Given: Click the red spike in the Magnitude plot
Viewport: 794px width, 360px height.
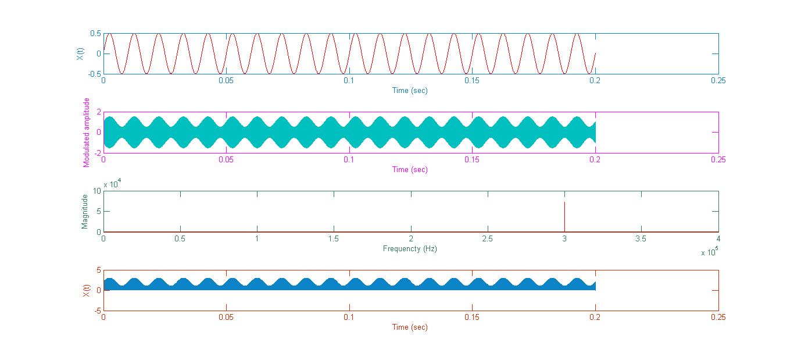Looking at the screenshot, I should (564, 216).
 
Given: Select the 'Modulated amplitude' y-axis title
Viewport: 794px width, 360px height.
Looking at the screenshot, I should (87, 133).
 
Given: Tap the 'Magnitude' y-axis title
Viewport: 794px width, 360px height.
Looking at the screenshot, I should (85, 212).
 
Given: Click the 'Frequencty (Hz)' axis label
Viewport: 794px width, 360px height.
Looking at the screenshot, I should (410, 248).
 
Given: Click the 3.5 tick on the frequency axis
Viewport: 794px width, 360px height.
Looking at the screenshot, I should (641, 238).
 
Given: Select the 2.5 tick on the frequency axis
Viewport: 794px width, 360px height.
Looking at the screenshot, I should (488, 238).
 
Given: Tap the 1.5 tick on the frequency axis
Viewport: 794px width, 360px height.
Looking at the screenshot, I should (334, 238).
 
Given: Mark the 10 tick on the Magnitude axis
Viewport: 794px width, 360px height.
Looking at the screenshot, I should (98, 191).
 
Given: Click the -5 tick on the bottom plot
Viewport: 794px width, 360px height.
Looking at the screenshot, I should (97, 311).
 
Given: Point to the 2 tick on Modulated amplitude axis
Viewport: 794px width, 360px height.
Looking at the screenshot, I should (99, 112).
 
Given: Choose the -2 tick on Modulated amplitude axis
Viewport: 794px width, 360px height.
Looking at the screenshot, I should (97, 153).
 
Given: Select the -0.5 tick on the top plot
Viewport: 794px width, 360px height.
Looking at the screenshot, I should (94, 74).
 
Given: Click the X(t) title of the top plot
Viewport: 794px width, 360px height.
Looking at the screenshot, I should (79, 54).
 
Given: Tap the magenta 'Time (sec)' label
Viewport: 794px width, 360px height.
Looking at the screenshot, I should (410, 169).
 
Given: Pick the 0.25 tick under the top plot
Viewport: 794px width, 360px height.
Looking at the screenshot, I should (718, 81).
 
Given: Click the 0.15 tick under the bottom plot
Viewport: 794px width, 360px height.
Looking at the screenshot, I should (472, 318).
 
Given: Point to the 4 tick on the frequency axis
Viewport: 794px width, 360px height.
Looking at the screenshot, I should (718, 238).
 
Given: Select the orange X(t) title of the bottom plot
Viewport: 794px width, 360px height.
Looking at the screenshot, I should (86, 290).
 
